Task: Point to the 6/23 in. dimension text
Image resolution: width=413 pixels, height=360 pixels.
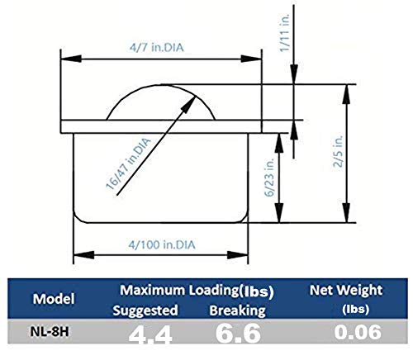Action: coord(267,176)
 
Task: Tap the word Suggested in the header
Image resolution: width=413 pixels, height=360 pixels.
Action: coord(145,310)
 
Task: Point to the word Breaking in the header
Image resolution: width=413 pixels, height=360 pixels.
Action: coord(235,310)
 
